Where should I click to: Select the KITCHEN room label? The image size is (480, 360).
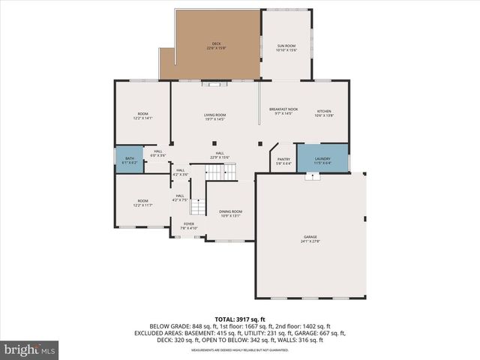(323, 112)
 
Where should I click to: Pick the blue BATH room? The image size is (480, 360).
(130, 160)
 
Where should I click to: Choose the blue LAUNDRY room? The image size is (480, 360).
(322, 160)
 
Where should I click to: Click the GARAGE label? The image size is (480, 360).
(310, 238)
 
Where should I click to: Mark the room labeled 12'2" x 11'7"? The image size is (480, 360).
(142, 203)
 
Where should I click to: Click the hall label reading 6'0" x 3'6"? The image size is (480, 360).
(158, 154)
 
